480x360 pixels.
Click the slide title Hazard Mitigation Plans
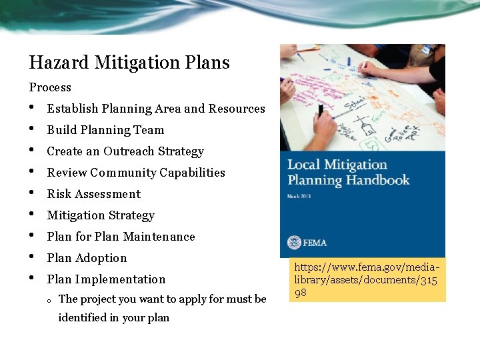tap(129, 63)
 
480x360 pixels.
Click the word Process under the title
tap(50, 87)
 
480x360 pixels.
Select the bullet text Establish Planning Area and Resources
tap(156, 109)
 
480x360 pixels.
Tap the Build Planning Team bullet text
tap(105, 130)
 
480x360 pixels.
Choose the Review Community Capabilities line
tap(136, 173)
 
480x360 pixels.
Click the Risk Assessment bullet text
tap(94, 194)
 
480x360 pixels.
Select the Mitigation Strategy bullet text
tap(101, 215)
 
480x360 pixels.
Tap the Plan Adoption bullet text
tap(87, 258)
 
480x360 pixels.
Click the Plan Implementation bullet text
tap(106, 279)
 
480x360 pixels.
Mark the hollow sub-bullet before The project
tap(50, 300)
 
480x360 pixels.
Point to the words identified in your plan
tap(114, 318)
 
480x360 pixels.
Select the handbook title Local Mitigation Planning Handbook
tap(348, 172)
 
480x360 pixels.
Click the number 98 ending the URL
tap(301, 292)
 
